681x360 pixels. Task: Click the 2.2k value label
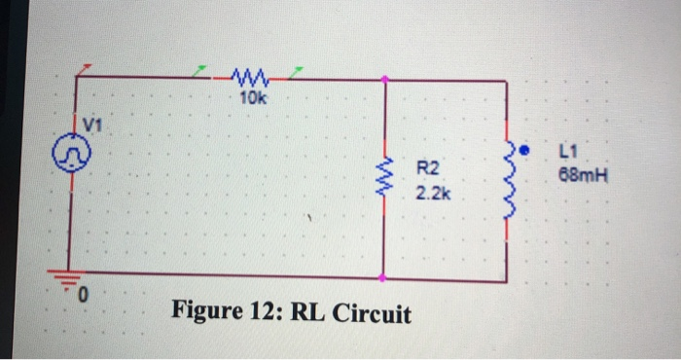[432, 195]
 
